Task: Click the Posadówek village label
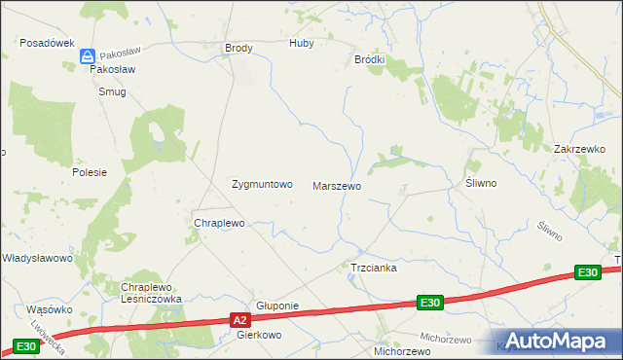[x=48, y=43]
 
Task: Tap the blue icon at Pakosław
[x=88, y=57]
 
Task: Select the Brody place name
[x=238, y=48]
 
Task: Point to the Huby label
[x=303, y=44]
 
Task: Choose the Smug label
[x=112, y=91]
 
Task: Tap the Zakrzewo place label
[x=579, y=149]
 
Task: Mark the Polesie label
[x=89, y=171]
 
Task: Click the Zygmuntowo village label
[x=261, y=184]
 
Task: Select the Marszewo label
[x=337, y=185]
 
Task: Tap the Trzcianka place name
[x=373, y=268]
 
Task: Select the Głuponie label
[x=276, y=306]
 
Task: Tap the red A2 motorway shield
[x=241, y=318]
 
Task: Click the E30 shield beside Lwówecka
[x=26, y=346]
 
